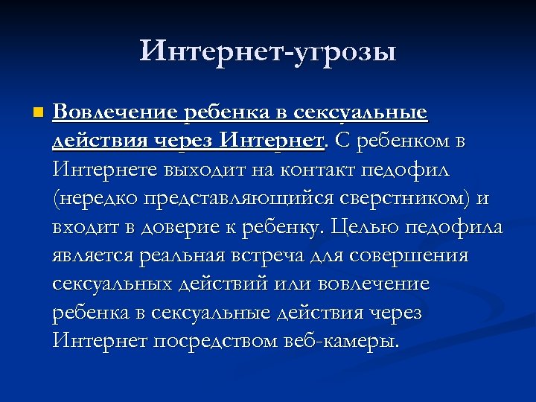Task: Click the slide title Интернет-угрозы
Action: point(268,51)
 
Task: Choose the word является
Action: point(93,256)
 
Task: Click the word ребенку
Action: point(284,227)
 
